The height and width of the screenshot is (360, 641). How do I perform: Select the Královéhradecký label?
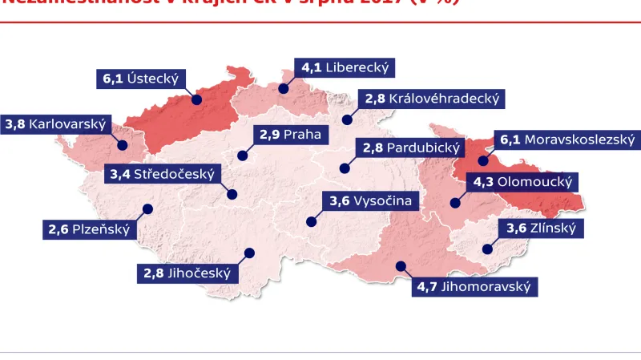pyautogui.click(x=432, y=99)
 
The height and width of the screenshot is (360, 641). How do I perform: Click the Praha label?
pyautogui.click(x=290, y=134)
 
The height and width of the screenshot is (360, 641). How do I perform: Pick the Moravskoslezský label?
pyautogui.click(x=567, y=140)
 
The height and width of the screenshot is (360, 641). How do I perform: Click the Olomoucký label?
pyautogui.click(x=522, y=182)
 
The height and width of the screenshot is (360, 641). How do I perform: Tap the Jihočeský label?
pyautogui.click(x=187, y=273)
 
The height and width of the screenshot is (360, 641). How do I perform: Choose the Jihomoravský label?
pyautogui.click(x=474, y=285)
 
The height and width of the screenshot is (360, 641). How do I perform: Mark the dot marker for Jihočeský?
pyautogui.click(x=248, y=253)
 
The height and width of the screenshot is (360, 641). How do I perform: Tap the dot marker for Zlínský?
pyautogui.click(x=485, y=249)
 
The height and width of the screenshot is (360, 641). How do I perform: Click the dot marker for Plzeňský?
pyautogui.click(x=147, y=209)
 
